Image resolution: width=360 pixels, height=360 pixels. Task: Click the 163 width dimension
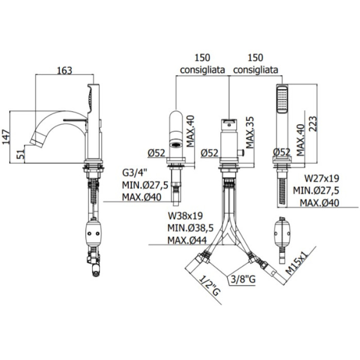tap(64, 71)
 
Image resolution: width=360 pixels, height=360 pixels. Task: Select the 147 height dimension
tap(6, 137)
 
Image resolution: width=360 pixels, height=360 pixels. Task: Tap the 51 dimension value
tap(21, 154)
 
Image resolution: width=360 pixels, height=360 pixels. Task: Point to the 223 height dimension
tap(312, 124)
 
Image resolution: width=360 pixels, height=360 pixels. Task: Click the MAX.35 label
tap(250, 132)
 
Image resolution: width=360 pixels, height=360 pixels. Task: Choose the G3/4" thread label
tap(134, 173)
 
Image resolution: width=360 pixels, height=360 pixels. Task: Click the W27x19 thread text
tap(322, 178)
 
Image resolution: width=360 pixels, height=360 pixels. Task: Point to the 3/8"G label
tap(243, 279)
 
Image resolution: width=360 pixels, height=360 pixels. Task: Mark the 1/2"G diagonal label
tap(210, 286)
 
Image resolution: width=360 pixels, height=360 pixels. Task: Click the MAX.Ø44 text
tap(187, 240)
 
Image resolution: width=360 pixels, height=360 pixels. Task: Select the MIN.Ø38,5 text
tap(190, 228)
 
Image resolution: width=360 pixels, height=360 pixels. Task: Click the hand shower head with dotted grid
tap(282, 99)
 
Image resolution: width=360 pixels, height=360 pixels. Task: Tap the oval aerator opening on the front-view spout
tap(176, 144)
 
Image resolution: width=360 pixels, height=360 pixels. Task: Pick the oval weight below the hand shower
tap(282, 234)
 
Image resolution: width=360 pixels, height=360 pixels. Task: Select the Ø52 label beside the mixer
tap(210, 153)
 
